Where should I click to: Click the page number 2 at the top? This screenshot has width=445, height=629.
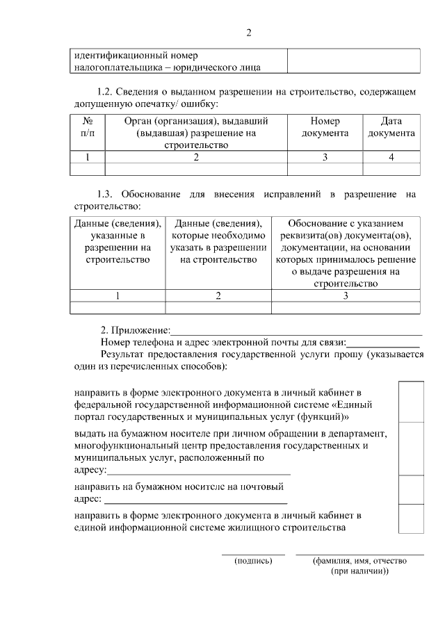pyautogui.click(x=248, y=33)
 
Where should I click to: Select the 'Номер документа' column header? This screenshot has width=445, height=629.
pyautogui.click(x=325, y=127)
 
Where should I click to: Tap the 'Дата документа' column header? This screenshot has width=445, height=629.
pyautogui.click(x=391, y=127)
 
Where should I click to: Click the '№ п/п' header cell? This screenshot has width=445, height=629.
pyautogui.click(x=88, y=127)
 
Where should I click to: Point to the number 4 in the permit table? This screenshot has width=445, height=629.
pyautogui.click(x=391, y=157)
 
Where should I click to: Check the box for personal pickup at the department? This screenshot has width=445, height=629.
pyautogui.click(x=411, y=448)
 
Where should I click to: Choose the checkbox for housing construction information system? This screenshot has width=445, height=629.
pyautogui.click(x=411, y=522)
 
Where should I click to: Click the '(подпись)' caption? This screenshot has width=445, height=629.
pyautogui.click(x=253, y=561)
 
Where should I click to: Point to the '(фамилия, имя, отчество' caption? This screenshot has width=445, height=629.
pyautogui.click(x=359, y=561)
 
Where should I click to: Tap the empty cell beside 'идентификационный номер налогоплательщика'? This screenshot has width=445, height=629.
pyautogui.click(x=353, y=60)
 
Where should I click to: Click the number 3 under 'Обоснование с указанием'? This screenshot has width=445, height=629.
pyautogui.click(x=346, y=296)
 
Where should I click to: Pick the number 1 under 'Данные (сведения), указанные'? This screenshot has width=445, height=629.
pyautogui.click(x=118, y=296)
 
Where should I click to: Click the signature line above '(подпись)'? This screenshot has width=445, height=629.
pyautogui.click(x=253, y=554)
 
